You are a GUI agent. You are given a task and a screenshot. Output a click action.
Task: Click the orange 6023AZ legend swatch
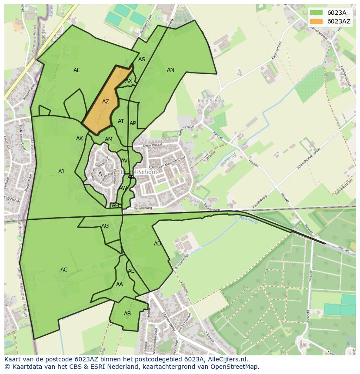pos(317,21)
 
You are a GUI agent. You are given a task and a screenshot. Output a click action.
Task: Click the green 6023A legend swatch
pos(317,13)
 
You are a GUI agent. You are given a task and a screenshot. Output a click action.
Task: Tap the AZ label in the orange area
pos(106,102)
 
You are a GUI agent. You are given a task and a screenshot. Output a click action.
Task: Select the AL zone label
pos(77,70)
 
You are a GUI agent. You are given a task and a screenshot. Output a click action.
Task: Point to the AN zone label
pos(170,70)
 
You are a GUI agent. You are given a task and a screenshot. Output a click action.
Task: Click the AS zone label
pos(142,60)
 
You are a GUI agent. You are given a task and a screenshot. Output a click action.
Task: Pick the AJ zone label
pos(61,172)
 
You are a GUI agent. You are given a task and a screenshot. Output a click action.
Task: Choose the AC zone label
pos(64,270)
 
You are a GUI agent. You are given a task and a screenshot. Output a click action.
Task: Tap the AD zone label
pos(157,244)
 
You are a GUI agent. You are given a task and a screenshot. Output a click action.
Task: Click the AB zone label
pos(127,314)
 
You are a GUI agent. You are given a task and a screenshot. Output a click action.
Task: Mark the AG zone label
pos(105,226)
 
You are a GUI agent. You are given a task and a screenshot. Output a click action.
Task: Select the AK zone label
pos(80,139)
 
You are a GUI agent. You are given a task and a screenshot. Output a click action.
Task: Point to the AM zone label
pos(109,139)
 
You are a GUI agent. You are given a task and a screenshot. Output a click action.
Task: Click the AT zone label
pos(121,121)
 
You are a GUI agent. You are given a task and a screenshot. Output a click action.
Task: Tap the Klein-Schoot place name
pos(211,101)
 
